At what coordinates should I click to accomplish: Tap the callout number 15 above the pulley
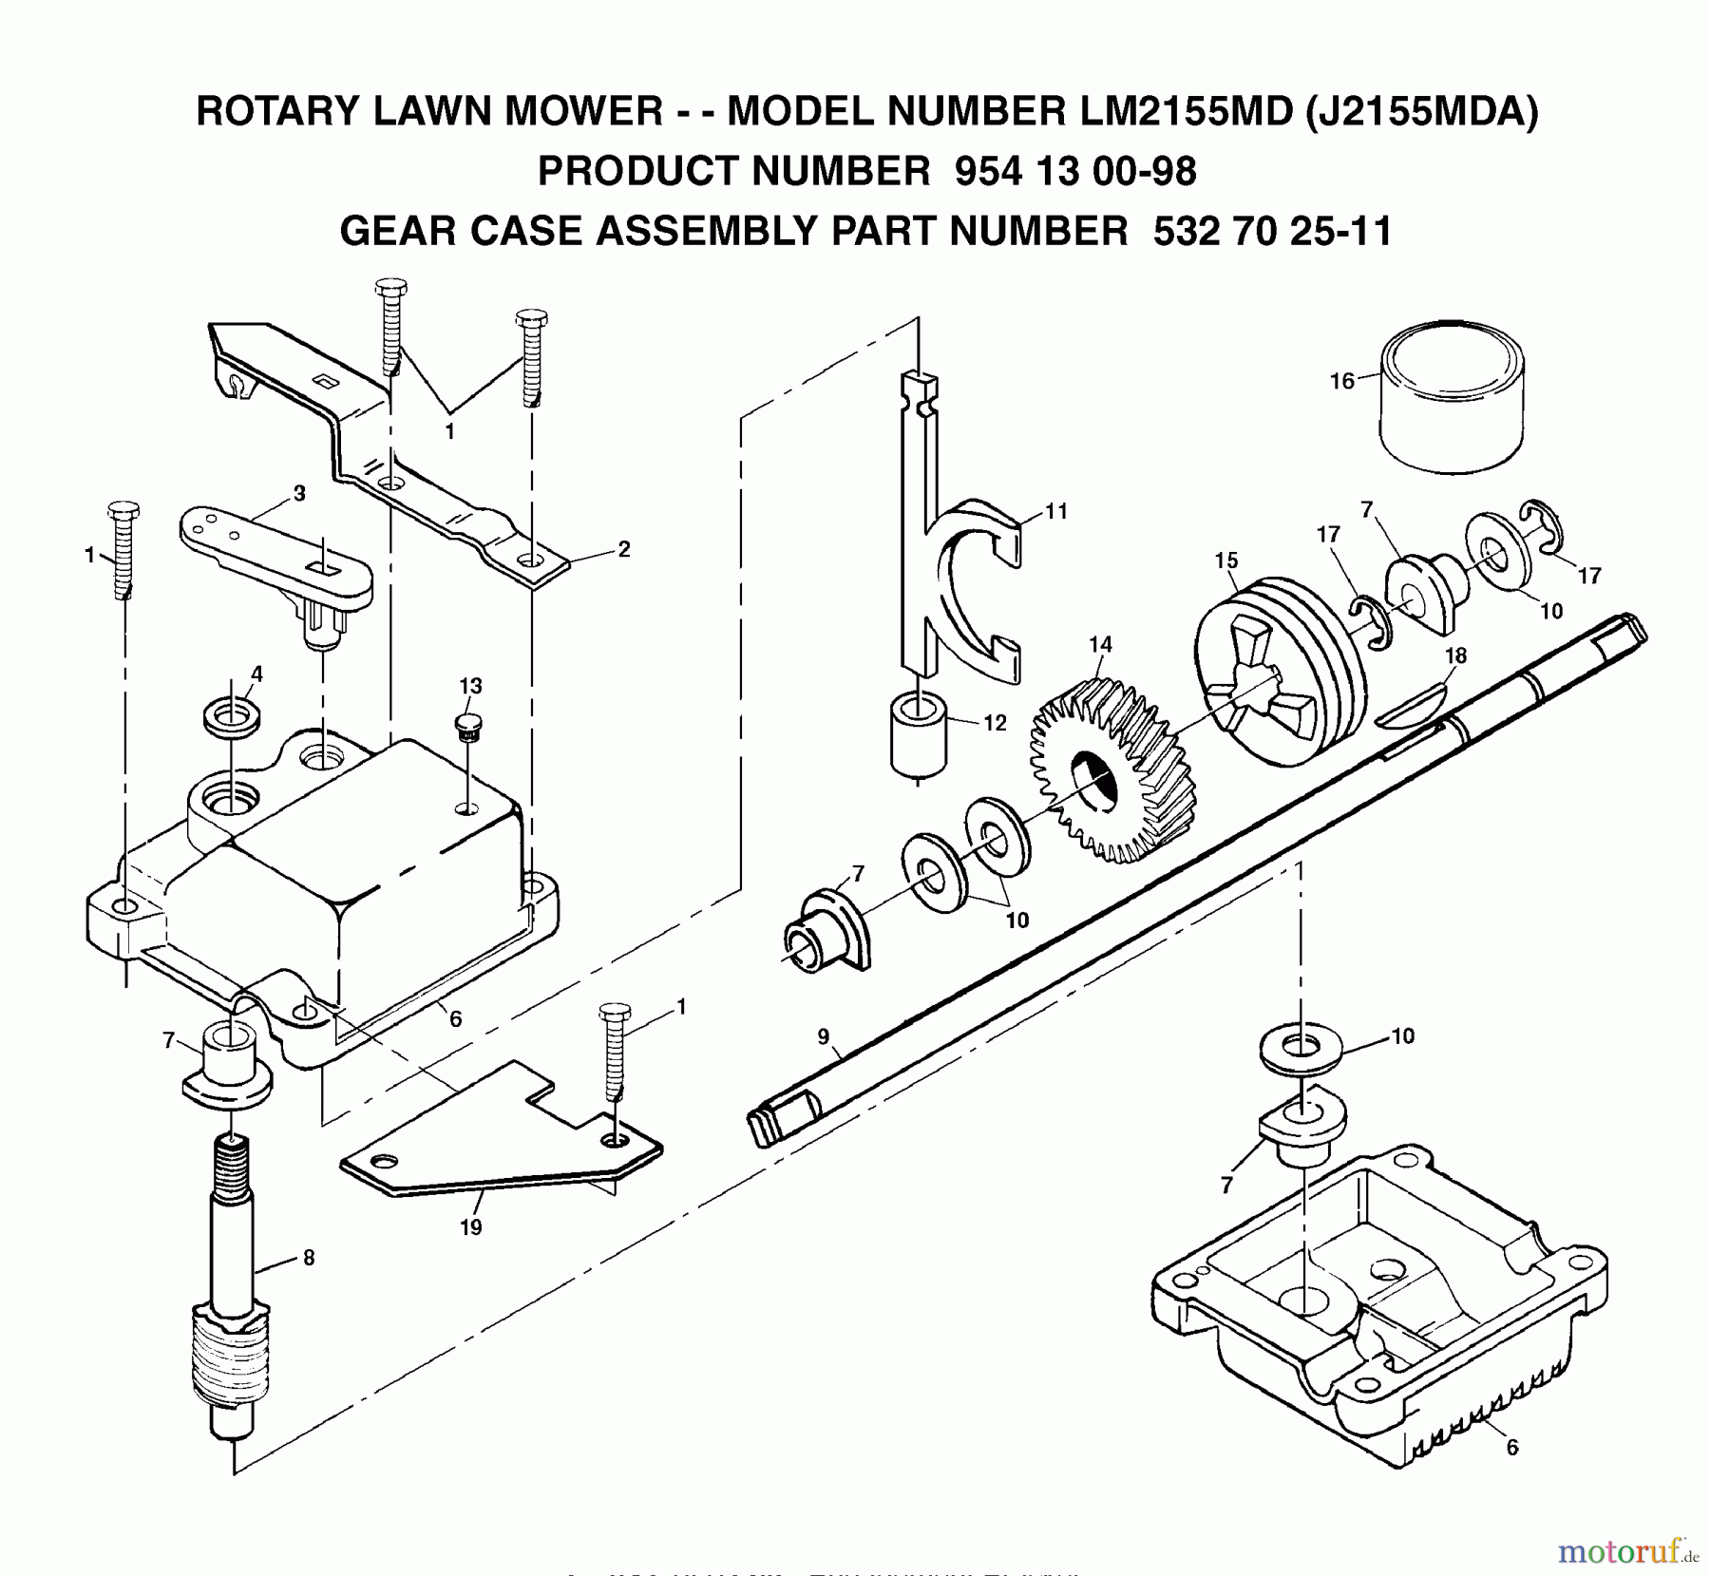pyautogui.click(x=1225, y=560)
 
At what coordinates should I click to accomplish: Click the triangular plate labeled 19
pyautogui.click(x=494, y=1135)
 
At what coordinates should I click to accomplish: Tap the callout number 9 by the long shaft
pyautogui.click(x=823, y=1035)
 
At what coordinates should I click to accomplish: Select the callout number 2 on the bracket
pyautogui.click(x=623, y=549)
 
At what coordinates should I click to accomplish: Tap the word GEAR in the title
pyautogui.click(x=398, y=231)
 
